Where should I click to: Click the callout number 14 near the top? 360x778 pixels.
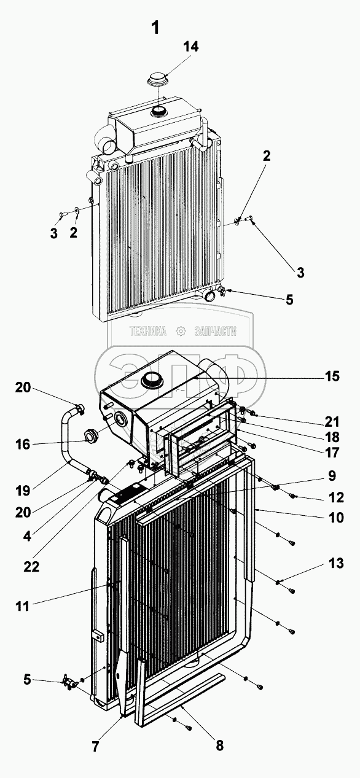[191, 46]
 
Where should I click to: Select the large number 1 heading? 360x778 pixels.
[155, 27]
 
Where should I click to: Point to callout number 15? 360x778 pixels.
[332, 376]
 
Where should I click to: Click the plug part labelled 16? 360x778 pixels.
[92, 435]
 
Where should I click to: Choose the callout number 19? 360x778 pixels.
[23, 491]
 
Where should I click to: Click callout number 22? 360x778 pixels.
[31, 567]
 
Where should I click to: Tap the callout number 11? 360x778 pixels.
[22, 607]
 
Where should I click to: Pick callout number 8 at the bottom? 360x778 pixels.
[219, 745]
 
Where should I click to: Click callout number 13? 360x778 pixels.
[336, 563]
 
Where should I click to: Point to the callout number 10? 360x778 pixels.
[336, 517]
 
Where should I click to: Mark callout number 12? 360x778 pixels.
[336, 497]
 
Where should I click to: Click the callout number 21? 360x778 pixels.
[332, 422]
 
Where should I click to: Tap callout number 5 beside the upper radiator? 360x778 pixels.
[289, 300]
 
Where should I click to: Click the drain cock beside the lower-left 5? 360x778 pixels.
[69, 683]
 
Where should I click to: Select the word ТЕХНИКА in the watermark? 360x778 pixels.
[147, 331]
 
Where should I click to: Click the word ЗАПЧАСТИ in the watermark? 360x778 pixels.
[216, 331]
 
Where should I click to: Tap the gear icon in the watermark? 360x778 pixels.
[181, 331]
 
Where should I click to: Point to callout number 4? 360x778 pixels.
[27, 537]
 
